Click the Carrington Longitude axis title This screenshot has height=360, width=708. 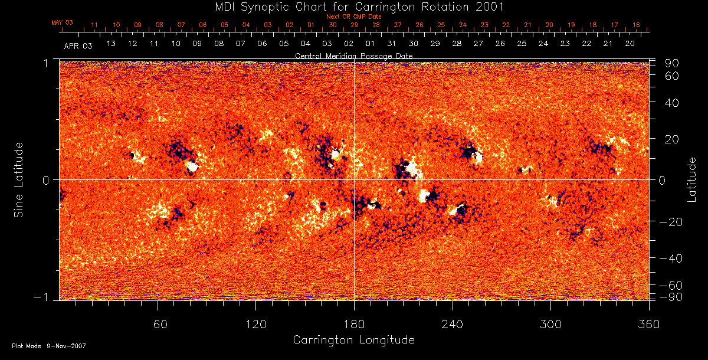pos(353,340)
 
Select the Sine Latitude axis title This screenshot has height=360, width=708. pos(19,179)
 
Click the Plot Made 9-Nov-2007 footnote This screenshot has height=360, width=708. pos(49,346)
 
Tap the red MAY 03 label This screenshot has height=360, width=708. pos(62,22)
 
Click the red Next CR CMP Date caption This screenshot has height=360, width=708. pos(353,17)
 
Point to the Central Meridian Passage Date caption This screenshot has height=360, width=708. pos(353,55)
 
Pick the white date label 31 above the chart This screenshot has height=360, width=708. pos(392,44)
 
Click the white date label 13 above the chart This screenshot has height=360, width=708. pos(111,44)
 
